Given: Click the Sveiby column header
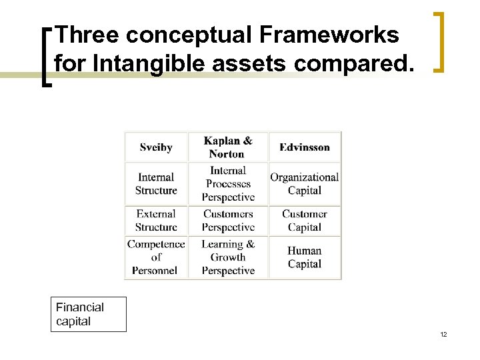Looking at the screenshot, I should pyautogui.click(x=156, y=147).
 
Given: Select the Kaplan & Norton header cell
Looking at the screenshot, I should pyautogui.click(x=228, y=147).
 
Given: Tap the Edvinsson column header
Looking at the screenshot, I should pyautogui.click(x=305, y=147).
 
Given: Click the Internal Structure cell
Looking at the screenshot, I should pyautogui.click(x=156, y=184).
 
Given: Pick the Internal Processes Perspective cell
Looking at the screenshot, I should pyautogui.click(x=228, y=184).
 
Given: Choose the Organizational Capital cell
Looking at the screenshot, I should pyautogui.click(x=305, y=184).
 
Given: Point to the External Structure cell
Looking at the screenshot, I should pyautogui.click(x=156, y=221).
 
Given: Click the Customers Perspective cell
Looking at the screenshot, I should pyautogui.click(x=228, y=221).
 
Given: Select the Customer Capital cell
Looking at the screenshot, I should pyautogui.click(x=305, y=221).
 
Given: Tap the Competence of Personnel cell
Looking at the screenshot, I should pyautogui.click(x=156, y=257).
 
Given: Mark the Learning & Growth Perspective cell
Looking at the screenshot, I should pyautogui.click(x=228, y=257).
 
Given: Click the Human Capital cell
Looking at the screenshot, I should pyautogui.click(x=305, y=257).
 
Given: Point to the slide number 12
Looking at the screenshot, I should pyautogui.click(x=443, y=334).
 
